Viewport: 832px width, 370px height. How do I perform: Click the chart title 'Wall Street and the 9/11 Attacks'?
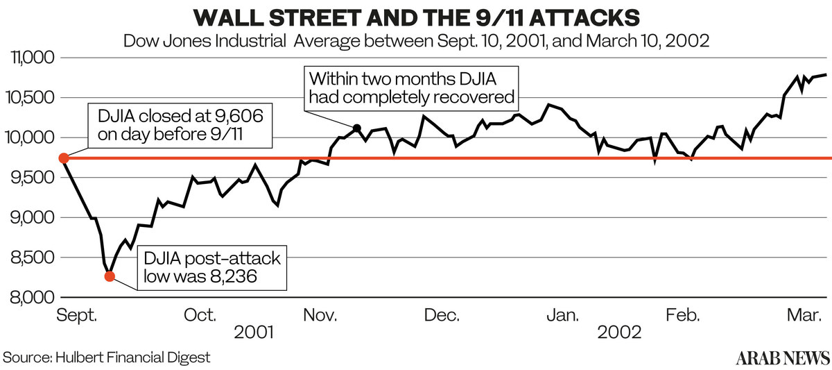pos(415,16)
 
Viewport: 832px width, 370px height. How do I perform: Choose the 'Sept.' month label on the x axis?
pos(77,316)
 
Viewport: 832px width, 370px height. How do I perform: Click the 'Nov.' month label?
pos(321,316)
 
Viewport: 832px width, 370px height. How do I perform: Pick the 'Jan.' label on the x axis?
pos(562,316)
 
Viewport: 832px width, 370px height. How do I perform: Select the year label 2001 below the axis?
pos(254,333)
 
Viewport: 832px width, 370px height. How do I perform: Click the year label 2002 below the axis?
pos(620,333)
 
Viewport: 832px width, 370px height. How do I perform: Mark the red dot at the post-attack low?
pos(110,276)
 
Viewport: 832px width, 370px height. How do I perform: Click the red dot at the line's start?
pos(63,158)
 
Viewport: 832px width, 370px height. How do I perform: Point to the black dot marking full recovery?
pos(357,128)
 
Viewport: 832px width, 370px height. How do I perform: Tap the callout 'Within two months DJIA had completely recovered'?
pos(412,87)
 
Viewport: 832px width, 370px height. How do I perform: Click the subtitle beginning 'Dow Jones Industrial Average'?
pos(415,40)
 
